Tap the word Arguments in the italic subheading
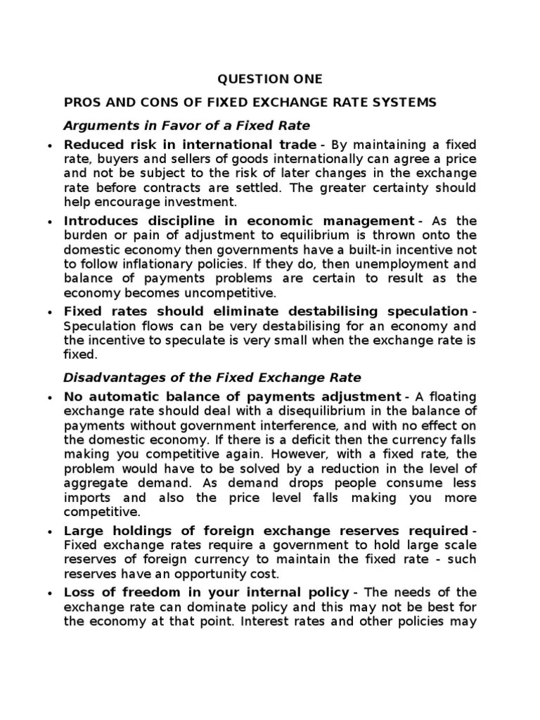coord(95,126)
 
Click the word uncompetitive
coord(229,293)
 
